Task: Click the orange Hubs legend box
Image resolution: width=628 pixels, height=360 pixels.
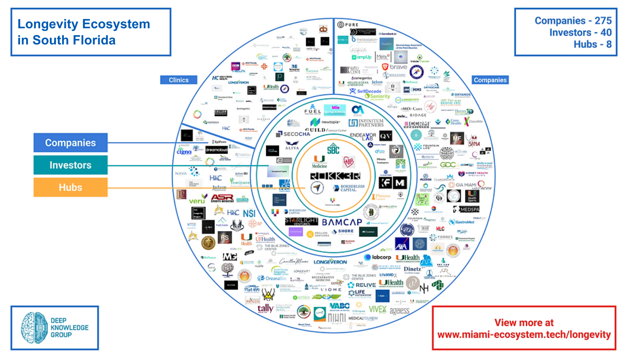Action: [71, 187]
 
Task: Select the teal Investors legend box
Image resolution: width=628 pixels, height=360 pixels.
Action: [71, 165]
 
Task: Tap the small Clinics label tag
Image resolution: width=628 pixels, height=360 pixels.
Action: [179, 80]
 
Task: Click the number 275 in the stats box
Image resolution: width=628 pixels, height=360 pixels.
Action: [603, 21]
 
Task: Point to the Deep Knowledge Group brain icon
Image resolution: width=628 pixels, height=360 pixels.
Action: [34, 328]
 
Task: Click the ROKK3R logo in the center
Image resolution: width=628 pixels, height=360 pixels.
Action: [335, 176]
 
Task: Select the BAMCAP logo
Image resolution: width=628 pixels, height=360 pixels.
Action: [342, 222]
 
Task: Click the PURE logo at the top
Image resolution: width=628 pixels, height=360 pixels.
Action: [348, 25]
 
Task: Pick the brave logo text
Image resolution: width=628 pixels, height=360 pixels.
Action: [398, 67]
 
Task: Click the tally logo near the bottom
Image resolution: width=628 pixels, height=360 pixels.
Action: [265, 308]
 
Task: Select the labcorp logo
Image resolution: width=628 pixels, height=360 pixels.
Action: [378, 257]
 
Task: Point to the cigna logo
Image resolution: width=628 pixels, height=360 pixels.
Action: [184, 152]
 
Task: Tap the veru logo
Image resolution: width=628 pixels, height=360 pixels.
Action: [198, 200]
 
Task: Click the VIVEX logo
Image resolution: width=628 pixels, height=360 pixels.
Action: [377, 309]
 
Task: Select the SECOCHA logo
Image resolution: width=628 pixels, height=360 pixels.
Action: [294, 134]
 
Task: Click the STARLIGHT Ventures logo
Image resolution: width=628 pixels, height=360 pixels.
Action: [301, 221]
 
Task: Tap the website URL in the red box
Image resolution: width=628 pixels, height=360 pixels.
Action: [524, 335]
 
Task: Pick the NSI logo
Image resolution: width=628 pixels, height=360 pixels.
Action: [249, 213]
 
